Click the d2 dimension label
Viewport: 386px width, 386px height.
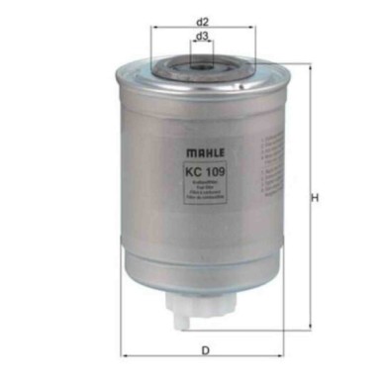coord(202,20)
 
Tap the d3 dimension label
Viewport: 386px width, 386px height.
coord(202,37)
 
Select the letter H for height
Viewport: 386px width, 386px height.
coord(315,198)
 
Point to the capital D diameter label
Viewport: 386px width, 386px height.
coord(202,349)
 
